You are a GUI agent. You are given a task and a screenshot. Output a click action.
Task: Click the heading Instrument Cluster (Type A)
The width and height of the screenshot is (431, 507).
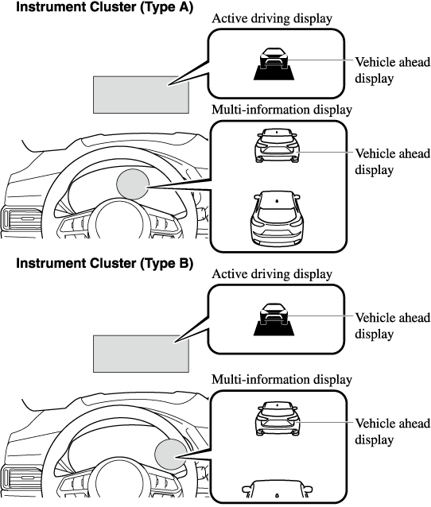pyautogui.click(x=104, y=6)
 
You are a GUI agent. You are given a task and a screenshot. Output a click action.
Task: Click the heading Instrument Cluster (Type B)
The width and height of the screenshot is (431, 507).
pyautogui.click(x=104, y=263)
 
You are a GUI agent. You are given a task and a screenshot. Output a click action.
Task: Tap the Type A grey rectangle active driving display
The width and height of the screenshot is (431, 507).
pyautogui.click(x=141, y=95)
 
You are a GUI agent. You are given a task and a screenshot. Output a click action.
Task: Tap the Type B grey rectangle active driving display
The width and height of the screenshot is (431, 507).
pyautogui.click(x=141, y=354)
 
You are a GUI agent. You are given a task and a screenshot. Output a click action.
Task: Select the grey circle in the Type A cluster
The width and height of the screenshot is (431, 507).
pyautogui.click(x=133, y=184)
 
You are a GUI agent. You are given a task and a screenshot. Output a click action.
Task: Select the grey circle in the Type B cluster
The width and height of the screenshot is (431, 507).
pyautogui.click(x=171, y=455)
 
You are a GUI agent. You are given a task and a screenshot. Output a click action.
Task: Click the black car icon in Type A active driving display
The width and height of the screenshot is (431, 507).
pyautogui.click(x=274, y=64)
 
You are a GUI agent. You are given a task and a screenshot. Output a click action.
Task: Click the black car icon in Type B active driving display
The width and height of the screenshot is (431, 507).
pyautogui.click(x=274, y=319)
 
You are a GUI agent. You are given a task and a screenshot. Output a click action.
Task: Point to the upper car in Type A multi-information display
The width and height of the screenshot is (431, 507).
pyautogui.click(x=277, y=145)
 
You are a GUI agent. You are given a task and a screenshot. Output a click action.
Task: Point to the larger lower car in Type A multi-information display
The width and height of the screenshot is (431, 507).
pyautogui.click(x=277, y=218)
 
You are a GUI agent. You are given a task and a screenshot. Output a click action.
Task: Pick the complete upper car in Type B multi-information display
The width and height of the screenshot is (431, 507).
pyautogui.click(x=278, y=419)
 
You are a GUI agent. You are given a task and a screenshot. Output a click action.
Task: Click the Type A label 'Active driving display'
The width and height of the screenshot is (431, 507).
pyautogui.click(x=272, y=19)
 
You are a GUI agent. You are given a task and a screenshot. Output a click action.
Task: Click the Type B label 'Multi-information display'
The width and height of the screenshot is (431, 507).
pyautogui.click(x=282, y=379)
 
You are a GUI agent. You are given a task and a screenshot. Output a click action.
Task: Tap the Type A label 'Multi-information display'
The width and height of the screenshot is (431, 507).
pyautogui.click(x=282, y=110)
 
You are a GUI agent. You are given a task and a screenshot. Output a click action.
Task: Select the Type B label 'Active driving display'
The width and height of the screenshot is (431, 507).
pyautogui.click(x=272, y=274)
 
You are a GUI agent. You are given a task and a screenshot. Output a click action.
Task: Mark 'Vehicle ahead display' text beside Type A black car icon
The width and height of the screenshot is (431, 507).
pyautogui.click(x=393, y=70)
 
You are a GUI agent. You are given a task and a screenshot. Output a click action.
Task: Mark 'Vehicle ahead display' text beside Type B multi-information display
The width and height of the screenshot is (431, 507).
pyautogui.click(x=393, y=432)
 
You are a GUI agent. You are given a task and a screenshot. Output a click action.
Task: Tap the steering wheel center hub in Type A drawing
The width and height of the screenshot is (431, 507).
pyautogui.click(x=119, y=222)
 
